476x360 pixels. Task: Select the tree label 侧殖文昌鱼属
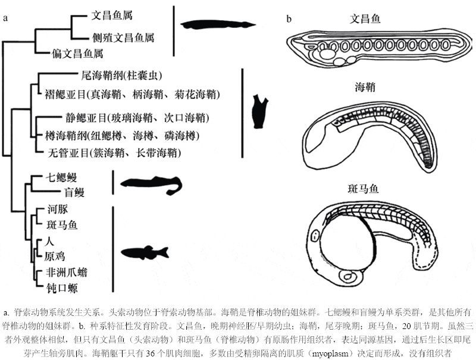123,37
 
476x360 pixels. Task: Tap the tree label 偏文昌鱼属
77,54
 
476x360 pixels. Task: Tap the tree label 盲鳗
74,192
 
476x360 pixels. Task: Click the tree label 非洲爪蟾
67,272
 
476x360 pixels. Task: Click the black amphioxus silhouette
217,25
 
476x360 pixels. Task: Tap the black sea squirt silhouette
259,111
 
